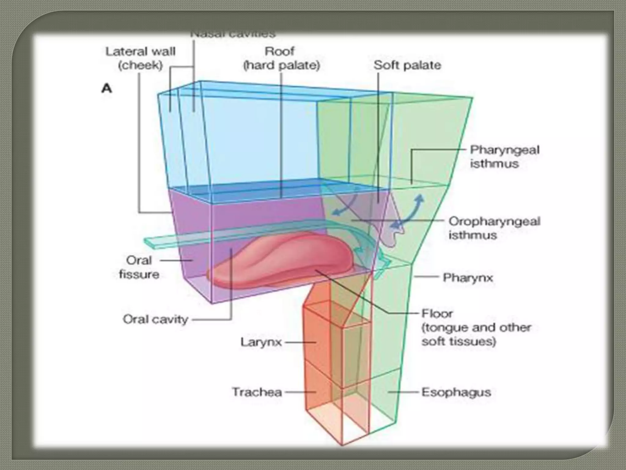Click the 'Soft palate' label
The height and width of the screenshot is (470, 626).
407,65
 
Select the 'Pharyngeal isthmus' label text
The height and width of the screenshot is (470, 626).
504,157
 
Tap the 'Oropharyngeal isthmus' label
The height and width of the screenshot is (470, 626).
494,228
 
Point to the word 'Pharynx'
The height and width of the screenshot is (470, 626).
468,278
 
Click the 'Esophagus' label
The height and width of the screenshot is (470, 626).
456,392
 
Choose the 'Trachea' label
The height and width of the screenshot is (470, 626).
257,392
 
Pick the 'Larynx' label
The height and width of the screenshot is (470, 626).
261,342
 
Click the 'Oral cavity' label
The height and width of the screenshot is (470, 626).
155,319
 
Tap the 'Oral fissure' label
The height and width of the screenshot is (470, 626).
139,267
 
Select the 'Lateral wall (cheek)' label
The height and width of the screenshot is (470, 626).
140,58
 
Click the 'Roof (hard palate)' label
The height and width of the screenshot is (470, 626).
281,58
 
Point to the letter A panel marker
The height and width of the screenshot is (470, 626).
107,89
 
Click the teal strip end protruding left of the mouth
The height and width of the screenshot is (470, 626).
150,242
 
